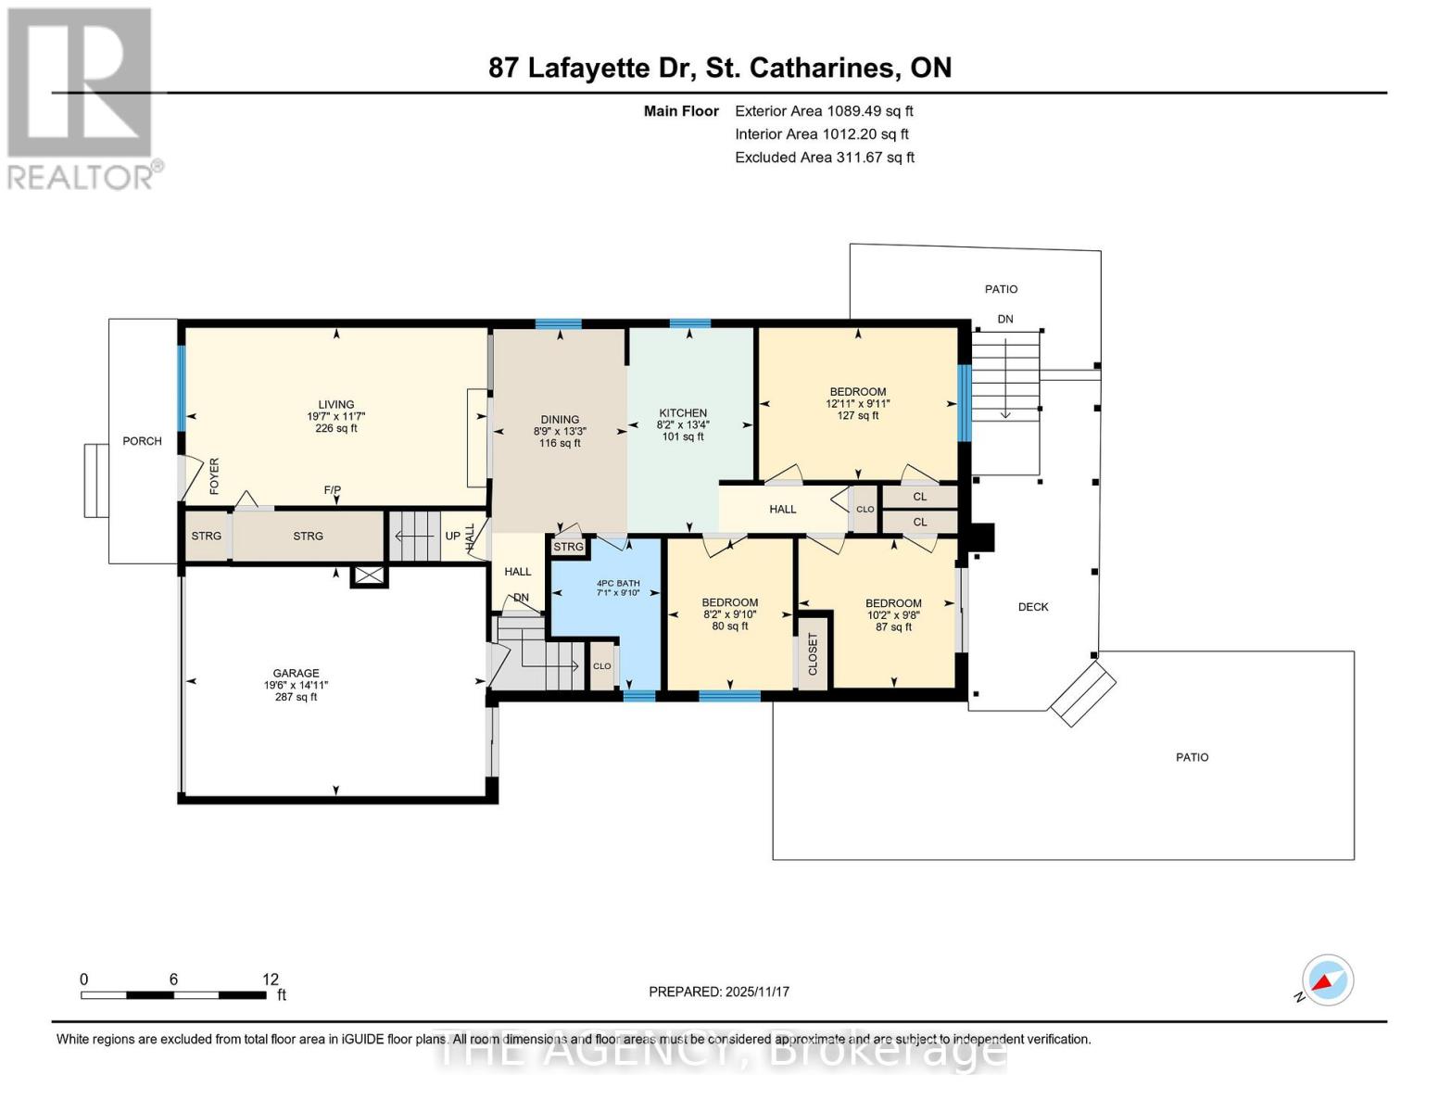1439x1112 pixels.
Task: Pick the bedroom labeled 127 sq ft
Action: coord(857,403)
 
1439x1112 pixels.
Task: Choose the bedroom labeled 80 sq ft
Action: coord(730,613)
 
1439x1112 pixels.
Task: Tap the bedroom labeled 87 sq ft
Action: coord(893,614)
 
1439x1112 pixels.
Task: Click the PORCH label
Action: coord(142,441)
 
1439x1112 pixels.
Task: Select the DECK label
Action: coord(1033,607)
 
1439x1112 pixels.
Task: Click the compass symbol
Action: coord(1328,980)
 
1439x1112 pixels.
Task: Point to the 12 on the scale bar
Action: coord(271,979)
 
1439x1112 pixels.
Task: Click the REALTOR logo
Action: coord(81,97)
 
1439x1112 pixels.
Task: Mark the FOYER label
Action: coord(214,475)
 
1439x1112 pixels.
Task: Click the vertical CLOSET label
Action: coord(814,653)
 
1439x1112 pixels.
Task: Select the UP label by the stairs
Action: coord(452,536)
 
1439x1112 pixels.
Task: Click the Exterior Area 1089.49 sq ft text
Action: coord(824,111)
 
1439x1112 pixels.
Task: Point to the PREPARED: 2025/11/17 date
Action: coord(719,992)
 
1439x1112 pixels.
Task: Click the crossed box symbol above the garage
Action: coord(369,576)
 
